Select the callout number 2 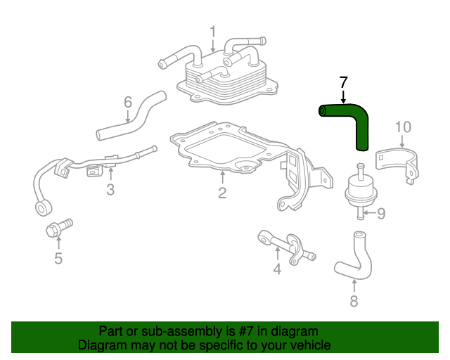(x=222, y=193)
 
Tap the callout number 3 (x=110, y=189)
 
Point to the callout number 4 (x=277, y=269)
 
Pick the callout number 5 (x=58, y=258)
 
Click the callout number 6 (x=128, y=102)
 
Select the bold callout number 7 (x=343, y=82)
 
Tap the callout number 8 (x=354, y=301)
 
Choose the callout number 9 (x=381, y=213)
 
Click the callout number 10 (x=403, y=127)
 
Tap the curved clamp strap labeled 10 (x=396, y=155)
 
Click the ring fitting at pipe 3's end (x=44, y=207)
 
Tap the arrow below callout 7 (x=343, y=97)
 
